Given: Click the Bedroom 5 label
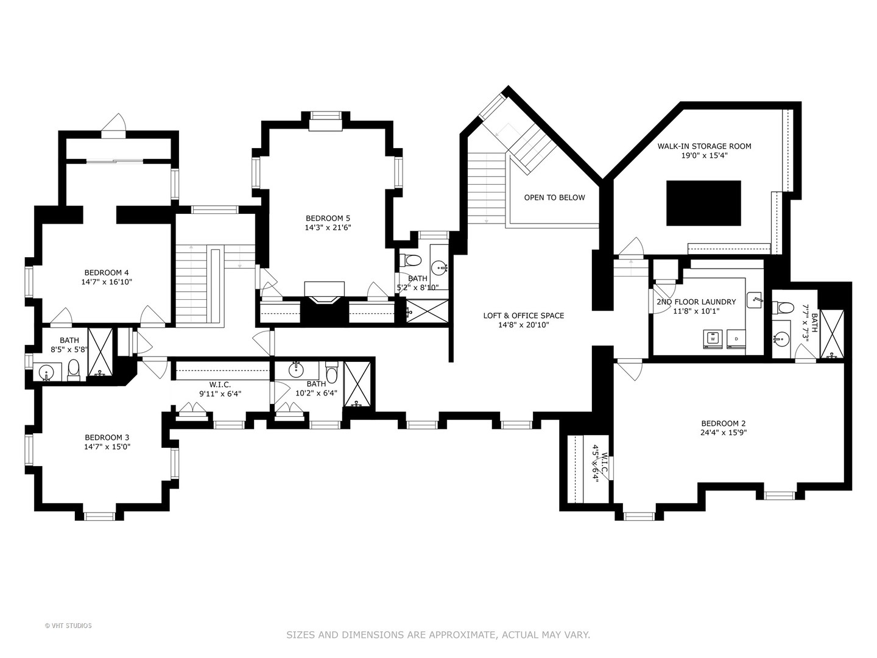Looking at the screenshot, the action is [328, 218].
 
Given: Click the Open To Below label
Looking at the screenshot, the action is [554, 197].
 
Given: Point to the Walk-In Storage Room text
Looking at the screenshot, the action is [705, 146].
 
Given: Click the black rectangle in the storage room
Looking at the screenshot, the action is [703, 203].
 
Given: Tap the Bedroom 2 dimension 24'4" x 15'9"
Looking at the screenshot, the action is [724, 433].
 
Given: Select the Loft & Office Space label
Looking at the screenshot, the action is [523, 316].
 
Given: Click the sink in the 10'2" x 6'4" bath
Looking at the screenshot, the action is [295, 370].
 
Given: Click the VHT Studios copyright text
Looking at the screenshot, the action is [68, 626].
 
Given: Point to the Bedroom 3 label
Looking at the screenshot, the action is [107, 437].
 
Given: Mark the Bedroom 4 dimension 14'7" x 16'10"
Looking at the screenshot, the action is [107, 282].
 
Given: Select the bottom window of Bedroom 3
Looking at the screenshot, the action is [99, 516].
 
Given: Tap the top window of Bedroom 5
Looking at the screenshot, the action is [326, 116].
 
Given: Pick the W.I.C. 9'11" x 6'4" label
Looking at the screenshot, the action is [220, 389].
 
